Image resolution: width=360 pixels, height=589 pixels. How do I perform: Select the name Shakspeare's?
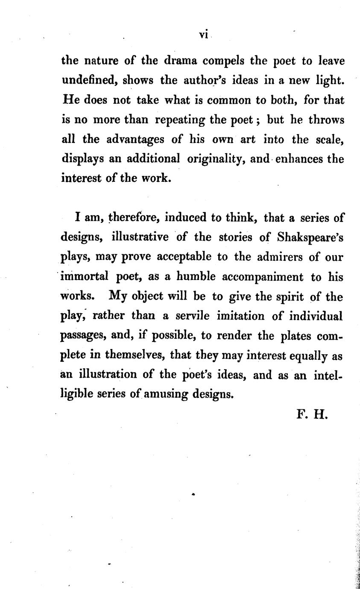310,237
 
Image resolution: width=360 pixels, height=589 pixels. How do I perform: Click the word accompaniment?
263,277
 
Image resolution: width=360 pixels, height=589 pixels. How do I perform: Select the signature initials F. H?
312,414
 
